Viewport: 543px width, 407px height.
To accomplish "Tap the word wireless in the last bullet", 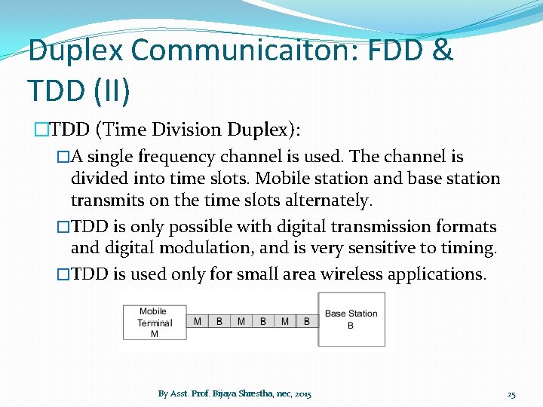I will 350,274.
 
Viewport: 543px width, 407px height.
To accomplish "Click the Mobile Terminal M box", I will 154,323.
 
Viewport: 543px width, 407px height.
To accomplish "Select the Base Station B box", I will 351,319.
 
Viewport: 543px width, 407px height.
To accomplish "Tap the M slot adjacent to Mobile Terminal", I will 198,322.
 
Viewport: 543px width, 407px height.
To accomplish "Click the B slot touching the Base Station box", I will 306,322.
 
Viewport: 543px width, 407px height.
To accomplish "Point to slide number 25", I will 511,394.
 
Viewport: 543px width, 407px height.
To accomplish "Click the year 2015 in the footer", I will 302,394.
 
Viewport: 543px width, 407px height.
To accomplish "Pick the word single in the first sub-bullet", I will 112,157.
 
